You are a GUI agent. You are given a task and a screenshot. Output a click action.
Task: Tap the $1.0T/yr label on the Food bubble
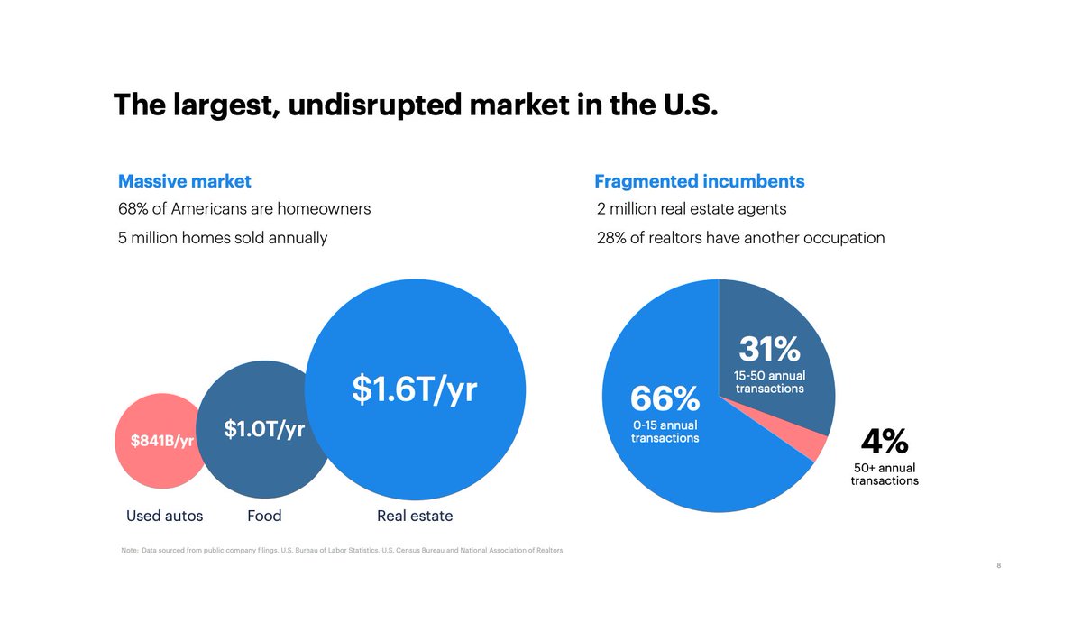264,429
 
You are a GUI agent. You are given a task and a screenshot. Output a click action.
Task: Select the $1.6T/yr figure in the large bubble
414,389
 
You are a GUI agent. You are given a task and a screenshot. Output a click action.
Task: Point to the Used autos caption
164,516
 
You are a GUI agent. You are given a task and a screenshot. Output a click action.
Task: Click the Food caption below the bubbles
264,516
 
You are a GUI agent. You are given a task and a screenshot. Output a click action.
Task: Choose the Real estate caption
415,516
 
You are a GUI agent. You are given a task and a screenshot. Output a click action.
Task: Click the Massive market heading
185,181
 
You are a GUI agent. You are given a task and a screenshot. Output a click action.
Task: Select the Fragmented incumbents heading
700,181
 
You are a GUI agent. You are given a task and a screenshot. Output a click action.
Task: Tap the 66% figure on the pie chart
665,398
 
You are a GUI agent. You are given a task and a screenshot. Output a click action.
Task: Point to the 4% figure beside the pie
884,442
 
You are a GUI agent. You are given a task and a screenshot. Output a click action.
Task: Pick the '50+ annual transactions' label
885,474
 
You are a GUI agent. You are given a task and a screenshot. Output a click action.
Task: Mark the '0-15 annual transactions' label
665,431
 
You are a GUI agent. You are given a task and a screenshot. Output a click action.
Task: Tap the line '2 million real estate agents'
692,209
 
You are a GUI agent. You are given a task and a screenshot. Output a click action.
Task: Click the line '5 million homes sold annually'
223,238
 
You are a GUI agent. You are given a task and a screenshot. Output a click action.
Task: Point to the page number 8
999,566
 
